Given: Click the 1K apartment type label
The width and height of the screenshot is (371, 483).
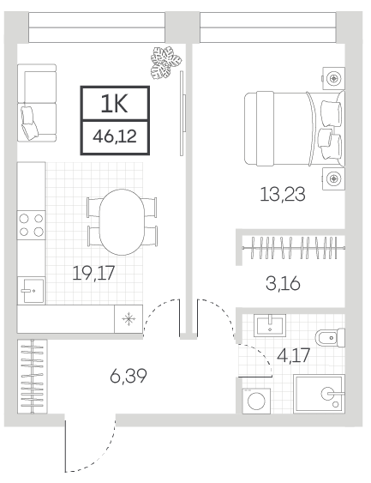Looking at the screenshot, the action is point(114,104).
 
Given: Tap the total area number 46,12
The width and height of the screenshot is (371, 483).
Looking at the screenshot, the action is point(115,136).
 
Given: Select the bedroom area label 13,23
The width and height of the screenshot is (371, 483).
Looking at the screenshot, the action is point(283,195).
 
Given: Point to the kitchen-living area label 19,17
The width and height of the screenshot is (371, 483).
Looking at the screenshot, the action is point(93,273).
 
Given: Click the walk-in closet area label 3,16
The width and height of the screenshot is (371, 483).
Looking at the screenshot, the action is point(283,283).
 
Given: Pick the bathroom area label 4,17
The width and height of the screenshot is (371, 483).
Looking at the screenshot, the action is point(293,356).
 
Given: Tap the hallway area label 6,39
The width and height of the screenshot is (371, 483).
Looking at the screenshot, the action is point(129,376).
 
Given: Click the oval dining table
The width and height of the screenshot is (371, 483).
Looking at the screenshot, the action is point(123,222).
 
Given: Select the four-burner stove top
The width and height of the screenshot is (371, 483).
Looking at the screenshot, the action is point(32,225).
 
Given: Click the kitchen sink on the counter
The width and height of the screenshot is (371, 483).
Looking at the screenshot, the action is point(32,290).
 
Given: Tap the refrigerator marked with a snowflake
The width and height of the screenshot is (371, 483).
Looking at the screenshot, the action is point(129,319).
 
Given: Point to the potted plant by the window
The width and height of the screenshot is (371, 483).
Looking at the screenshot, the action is point(165,63).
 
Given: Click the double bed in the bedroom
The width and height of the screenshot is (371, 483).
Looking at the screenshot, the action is point(295,129).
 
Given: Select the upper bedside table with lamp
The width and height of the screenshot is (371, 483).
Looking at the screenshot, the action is point(333,78).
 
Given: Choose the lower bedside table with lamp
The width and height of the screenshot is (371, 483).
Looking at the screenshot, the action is point(333,178).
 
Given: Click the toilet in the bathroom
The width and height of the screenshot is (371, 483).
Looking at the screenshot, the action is point(330,338).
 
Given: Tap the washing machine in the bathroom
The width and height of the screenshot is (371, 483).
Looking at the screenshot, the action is point(256,401).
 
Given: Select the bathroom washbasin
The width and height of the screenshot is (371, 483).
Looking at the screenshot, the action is point(270,326).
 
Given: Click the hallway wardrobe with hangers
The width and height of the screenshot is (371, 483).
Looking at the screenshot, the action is point(32,377).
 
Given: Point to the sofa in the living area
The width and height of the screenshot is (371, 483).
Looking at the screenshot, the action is point(37,103).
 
